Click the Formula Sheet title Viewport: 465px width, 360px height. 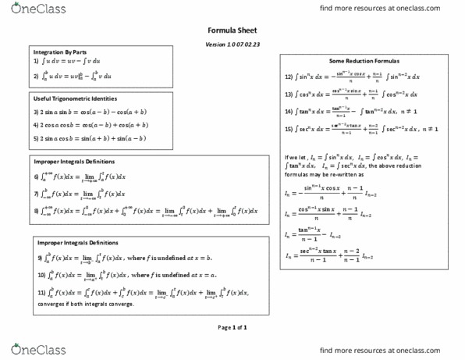[x=232, y=30]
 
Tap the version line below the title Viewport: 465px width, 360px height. [x=232, y=44]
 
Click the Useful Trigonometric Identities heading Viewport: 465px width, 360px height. [x=76, y=99]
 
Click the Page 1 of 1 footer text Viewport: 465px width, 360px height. [x=232, y=327]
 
